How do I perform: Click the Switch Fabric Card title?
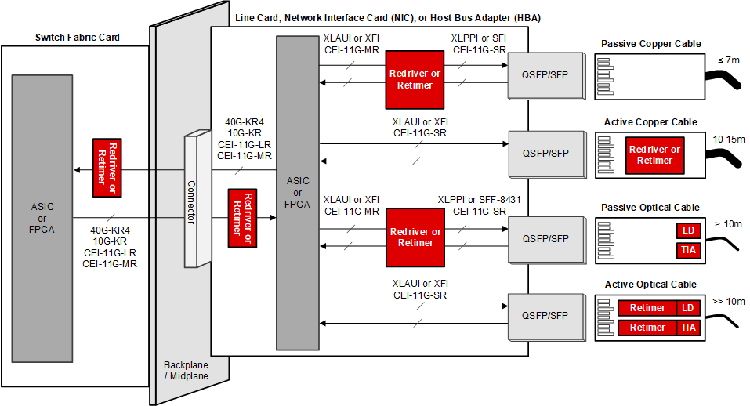76,38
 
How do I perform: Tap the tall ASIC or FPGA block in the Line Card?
297,192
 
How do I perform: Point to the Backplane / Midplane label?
186,371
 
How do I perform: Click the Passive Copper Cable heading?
650,43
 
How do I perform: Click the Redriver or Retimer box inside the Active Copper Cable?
654,155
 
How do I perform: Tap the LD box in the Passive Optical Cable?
687,230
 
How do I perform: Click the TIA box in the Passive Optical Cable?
687,250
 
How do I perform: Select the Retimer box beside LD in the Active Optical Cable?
647,308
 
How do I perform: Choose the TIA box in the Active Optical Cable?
687,328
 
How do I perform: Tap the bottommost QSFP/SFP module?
545,315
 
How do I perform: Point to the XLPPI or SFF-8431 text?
479,200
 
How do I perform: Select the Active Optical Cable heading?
650,284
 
